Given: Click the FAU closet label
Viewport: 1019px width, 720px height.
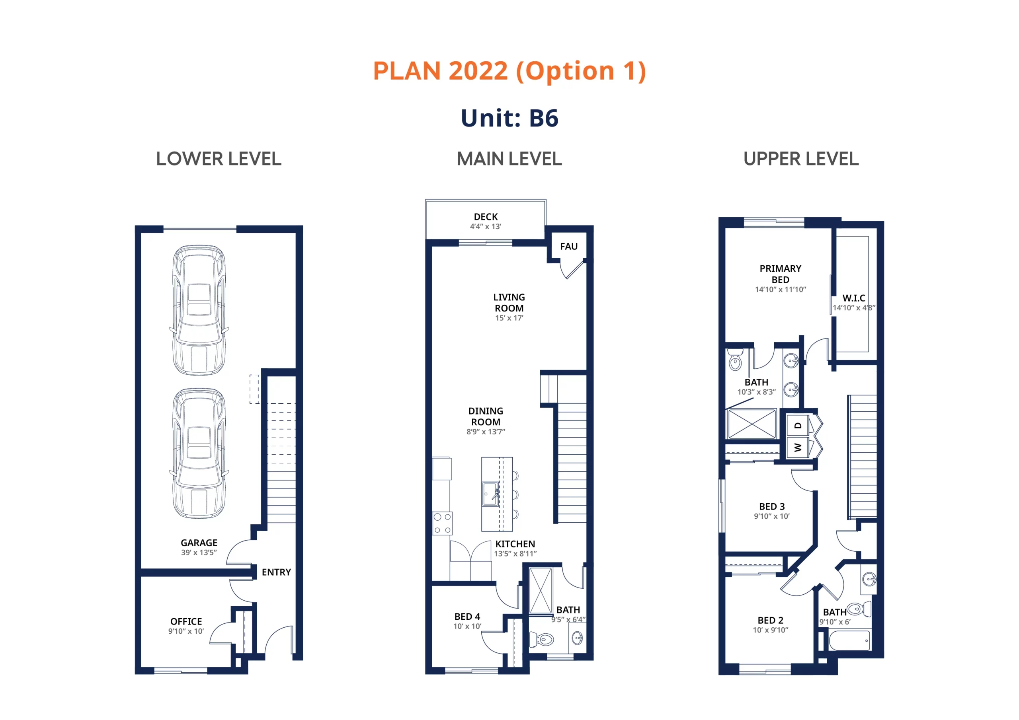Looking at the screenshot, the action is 568,246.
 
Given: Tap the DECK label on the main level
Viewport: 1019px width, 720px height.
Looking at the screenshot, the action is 486,216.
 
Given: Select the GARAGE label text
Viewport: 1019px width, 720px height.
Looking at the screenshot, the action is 199,543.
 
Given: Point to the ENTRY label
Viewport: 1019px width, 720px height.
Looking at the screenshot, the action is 276,572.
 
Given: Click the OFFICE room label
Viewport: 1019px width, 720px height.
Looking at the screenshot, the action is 186,621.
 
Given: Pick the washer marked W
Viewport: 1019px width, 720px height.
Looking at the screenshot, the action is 798,447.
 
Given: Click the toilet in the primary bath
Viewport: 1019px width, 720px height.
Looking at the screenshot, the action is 735,360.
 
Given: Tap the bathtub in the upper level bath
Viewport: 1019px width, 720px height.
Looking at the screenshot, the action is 849,640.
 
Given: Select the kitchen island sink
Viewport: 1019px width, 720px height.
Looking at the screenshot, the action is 491,494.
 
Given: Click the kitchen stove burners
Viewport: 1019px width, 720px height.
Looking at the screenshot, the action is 443,523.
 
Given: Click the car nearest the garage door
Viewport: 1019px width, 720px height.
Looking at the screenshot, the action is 199,310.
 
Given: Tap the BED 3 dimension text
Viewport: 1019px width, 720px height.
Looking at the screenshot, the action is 771,516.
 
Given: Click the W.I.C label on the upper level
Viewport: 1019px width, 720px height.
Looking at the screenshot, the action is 853,298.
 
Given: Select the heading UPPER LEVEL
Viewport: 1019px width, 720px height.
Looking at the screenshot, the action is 801,159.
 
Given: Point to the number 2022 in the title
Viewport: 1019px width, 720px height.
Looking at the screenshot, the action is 478,70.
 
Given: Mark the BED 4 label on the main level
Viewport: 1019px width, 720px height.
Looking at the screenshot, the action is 467,616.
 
